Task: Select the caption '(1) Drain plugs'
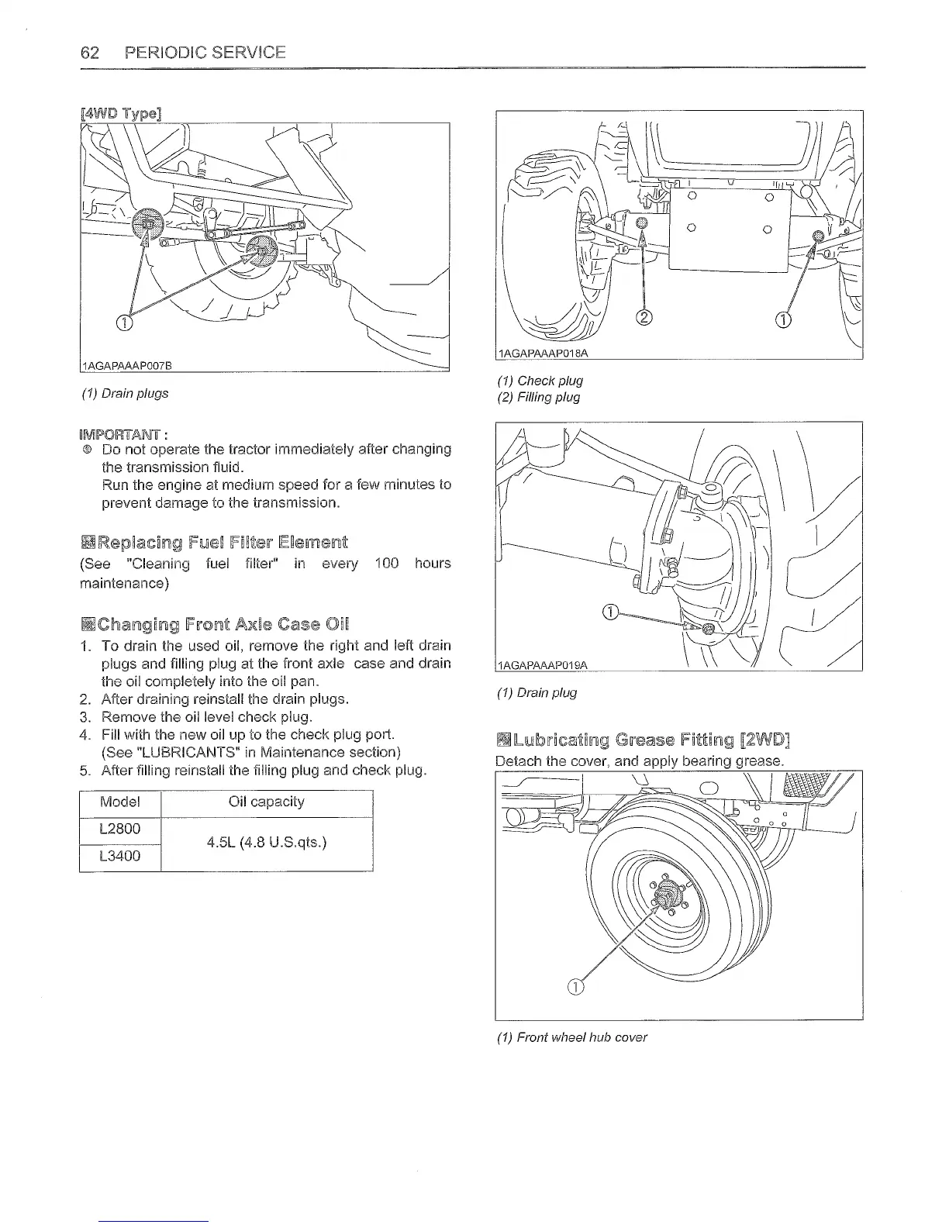125,393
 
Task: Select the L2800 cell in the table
120,829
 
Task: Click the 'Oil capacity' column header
267,802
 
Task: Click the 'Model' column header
120,802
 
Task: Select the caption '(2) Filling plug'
538,398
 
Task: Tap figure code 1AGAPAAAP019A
544,664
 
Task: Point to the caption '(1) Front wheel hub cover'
571,1037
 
